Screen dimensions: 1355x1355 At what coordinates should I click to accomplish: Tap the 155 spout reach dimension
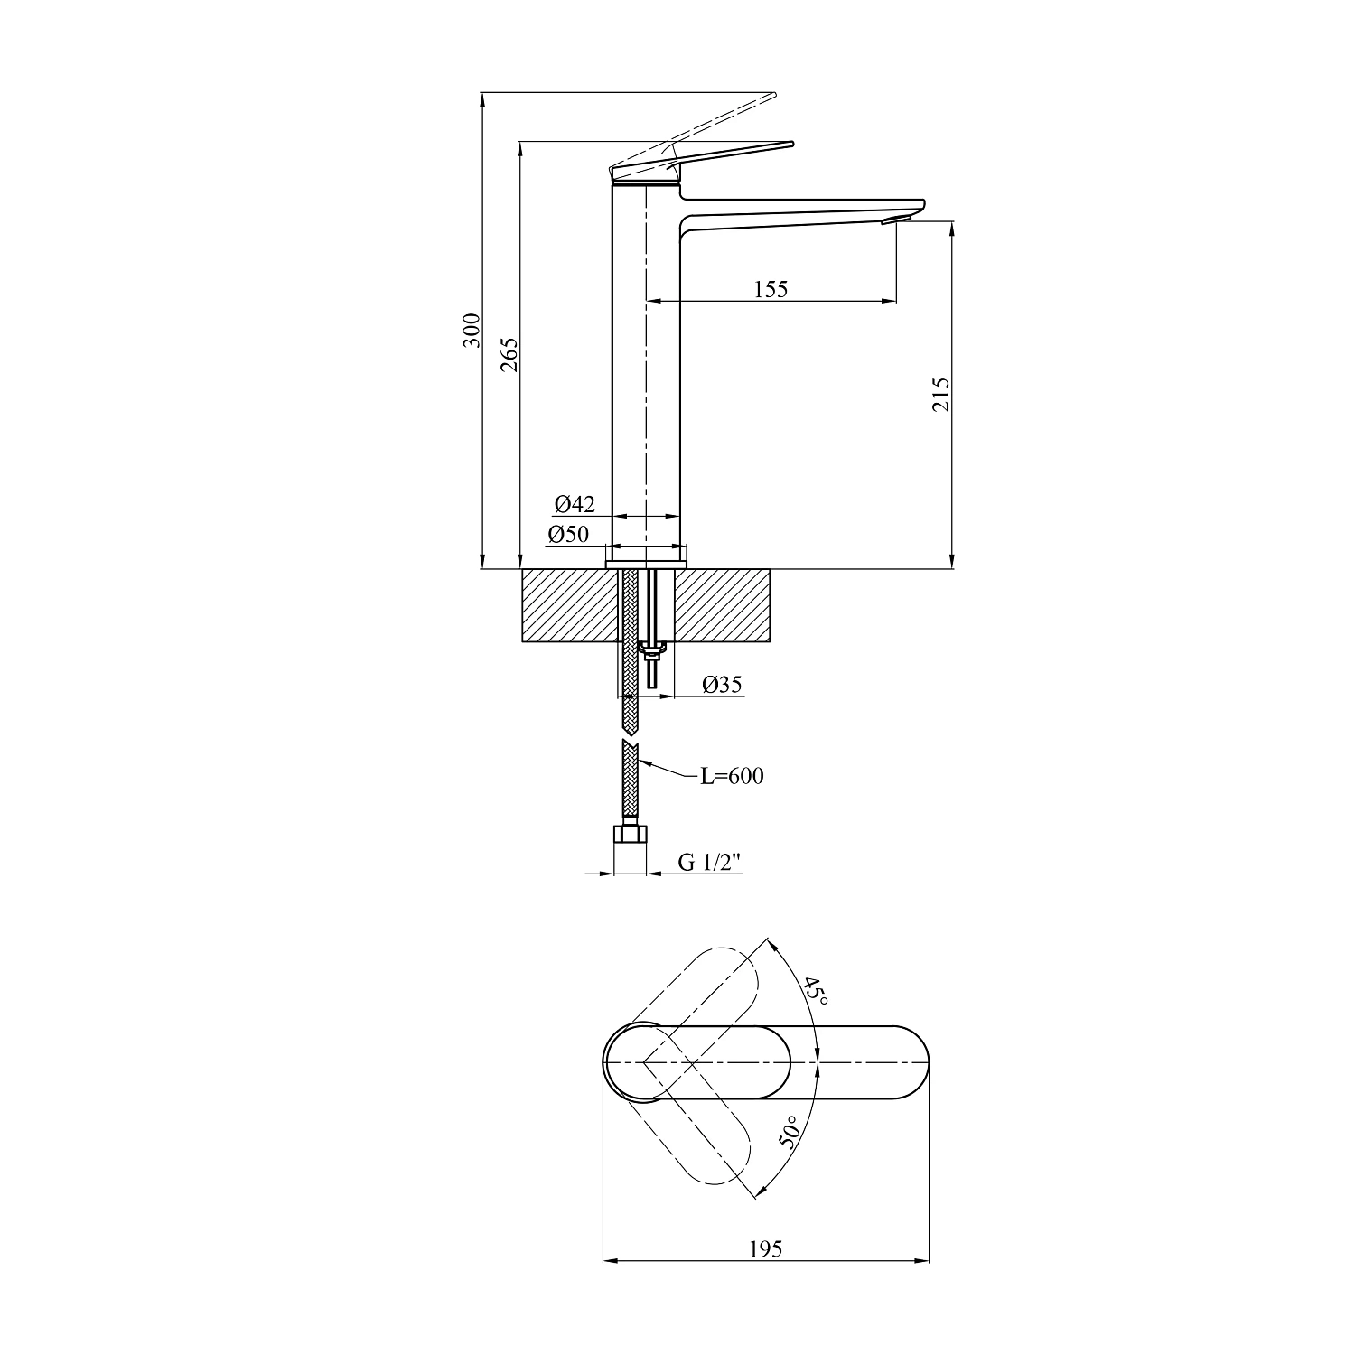(771, 289)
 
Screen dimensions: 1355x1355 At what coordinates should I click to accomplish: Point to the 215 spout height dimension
(940, 395)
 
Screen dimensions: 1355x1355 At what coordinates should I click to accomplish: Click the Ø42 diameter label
(575, 504)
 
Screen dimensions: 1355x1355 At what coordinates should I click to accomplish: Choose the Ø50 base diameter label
(568, 534)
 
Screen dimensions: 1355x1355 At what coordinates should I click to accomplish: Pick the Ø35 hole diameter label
(722, 685)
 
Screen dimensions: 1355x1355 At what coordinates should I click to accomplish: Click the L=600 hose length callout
(733, 776)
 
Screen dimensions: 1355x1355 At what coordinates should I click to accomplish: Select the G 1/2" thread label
(710, 863)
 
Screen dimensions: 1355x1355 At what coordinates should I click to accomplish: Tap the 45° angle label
(815, 992)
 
